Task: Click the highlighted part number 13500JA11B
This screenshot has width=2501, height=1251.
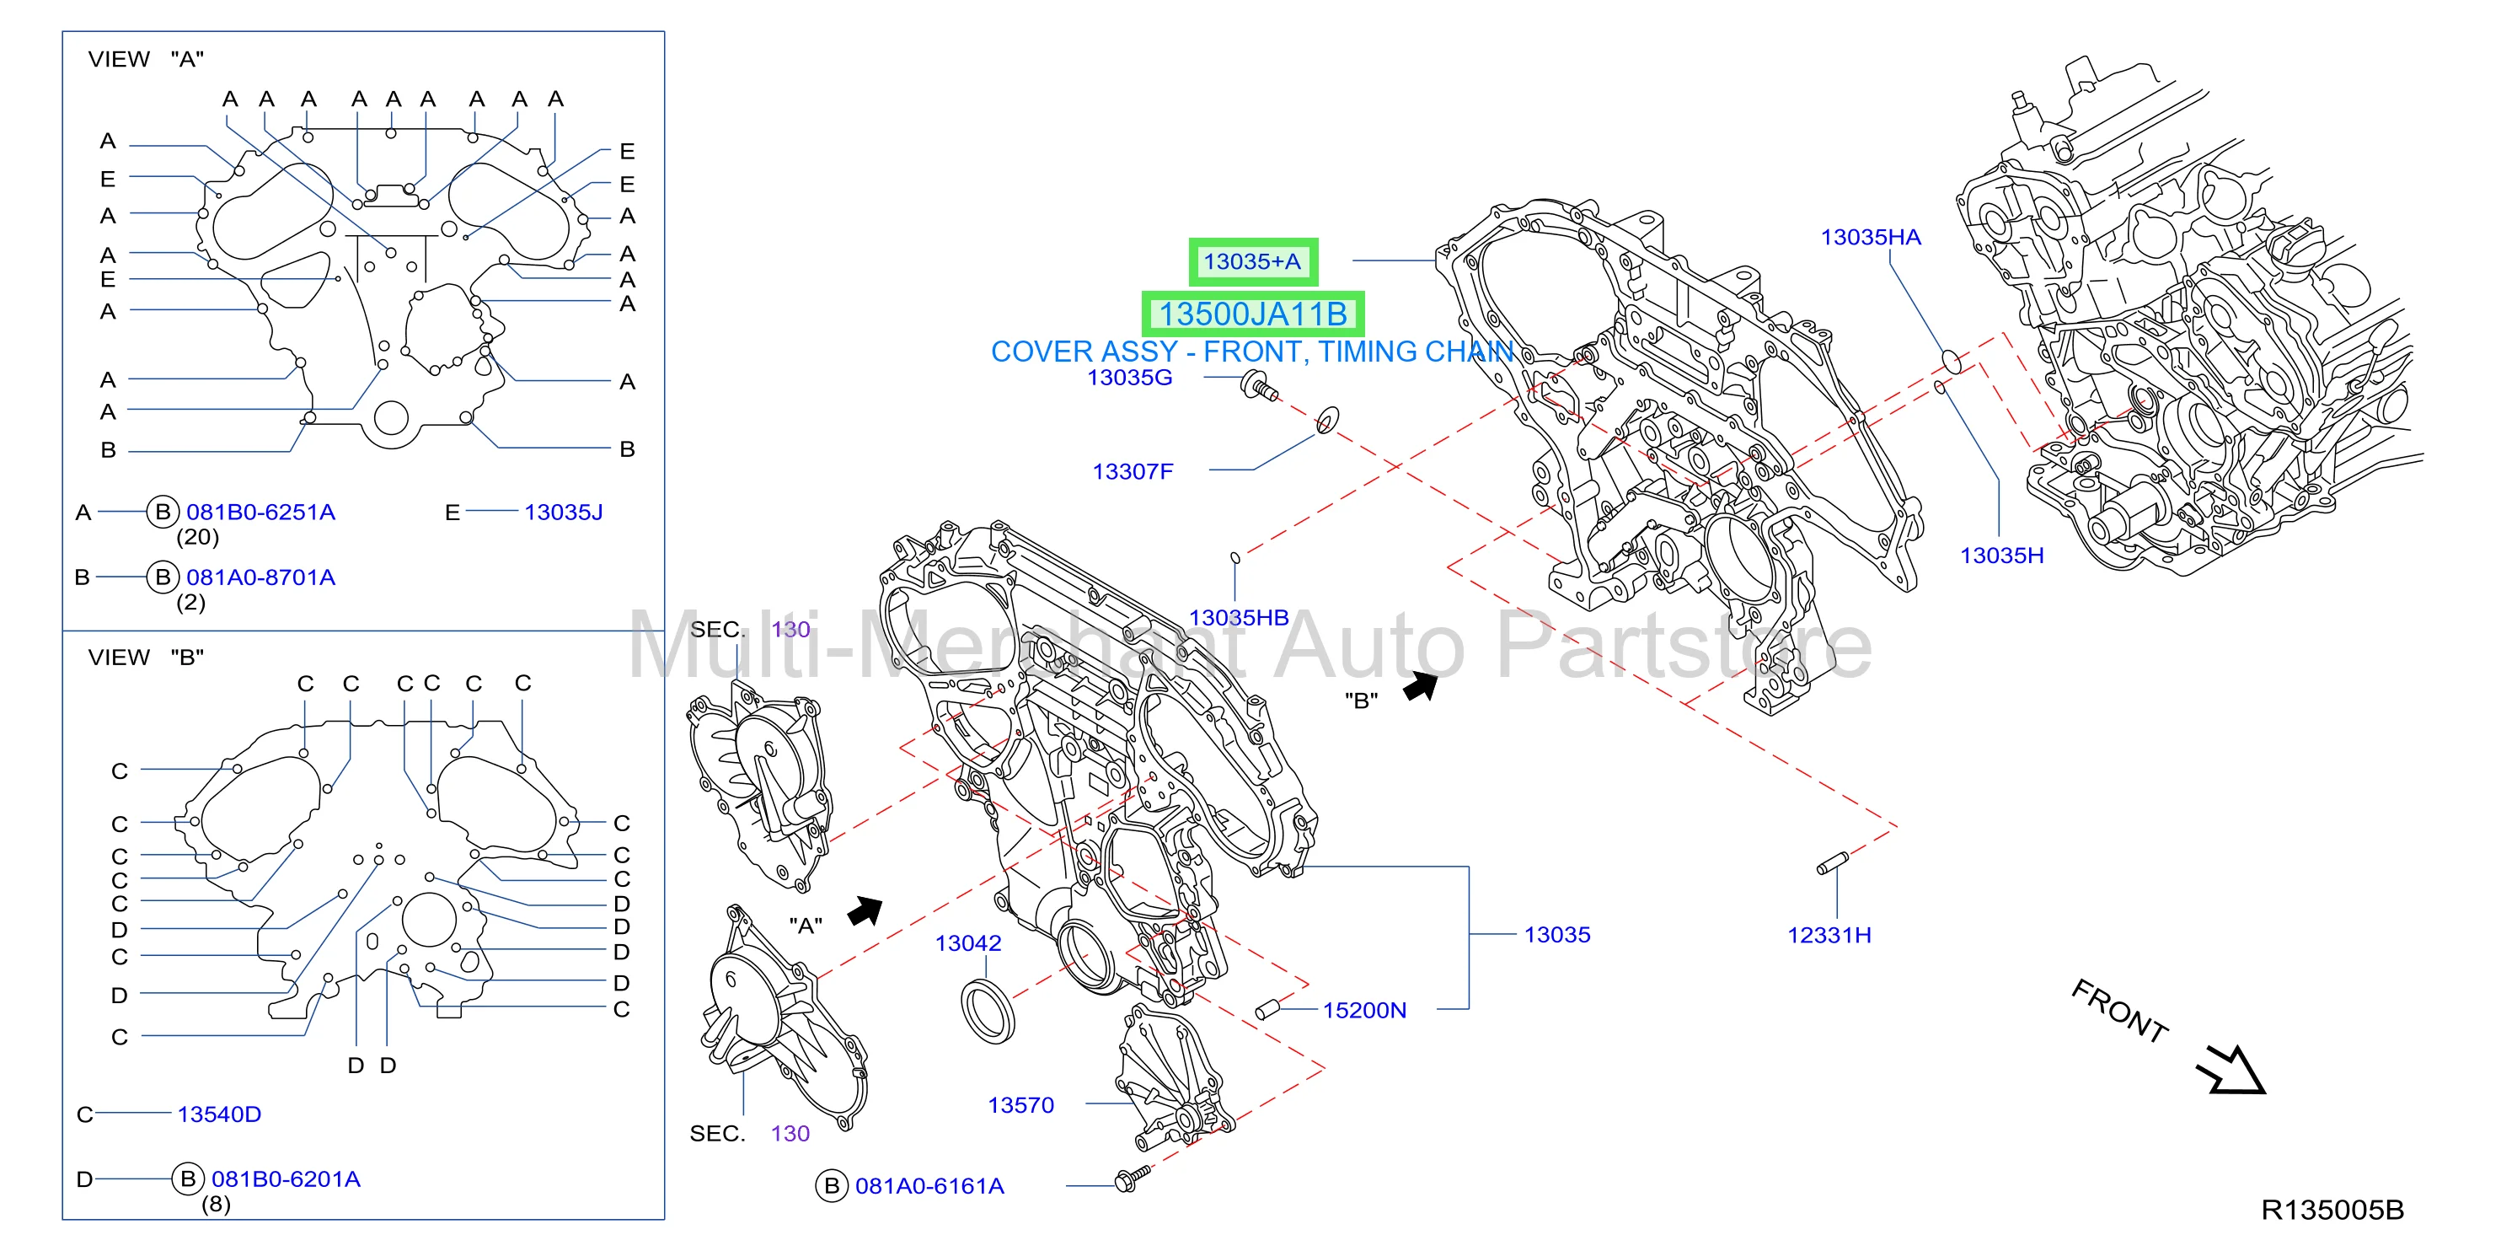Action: pyautogui.click(x=1252, y=314)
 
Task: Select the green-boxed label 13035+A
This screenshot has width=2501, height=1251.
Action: pyautogui.click(x=1252, y=261)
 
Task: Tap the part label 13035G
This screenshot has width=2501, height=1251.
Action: pyautogui.click(x=1129, y=377)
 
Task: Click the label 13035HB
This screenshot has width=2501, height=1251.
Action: pyautogui.click(x=1239, y=618)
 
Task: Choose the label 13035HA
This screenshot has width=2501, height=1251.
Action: pyautogui.click(x=1870, y=237)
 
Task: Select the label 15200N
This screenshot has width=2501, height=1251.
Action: pyautogui.click(x=1364, y=1010)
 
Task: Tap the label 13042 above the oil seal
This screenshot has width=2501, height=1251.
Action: pyautogui.click(x=968, y=943)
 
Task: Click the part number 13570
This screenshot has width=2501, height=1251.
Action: pyautogui.click(x=1020, y=1105)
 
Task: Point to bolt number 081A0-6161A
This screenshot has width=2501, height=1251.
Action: pyautogui.click(x=929, y=1186)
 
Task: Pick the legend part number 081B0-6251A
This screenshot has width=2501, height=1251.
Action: pyautogui.click(x=260, y=512)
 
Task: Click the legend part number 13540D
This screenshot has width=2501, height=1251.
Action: pyautogui.click(x=218, y=1114)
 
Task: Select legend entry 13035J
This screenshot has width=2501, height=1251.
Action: pyautogui.click(x=563, y=512)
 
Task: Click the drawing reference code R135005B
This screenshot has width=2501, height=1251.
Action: pyautogui.click(x=2332, y=1211)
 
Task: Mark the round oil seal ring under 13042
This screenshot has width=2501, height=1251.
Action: pyautogui.click(x=988, y=1012)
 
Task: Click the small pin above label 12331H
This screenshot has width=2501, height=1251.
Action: pyautogui.click(x=1832, y=862)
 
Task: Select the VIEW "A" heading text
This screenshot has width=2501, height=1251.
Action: pyautogui.click(x=146, y=59)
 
